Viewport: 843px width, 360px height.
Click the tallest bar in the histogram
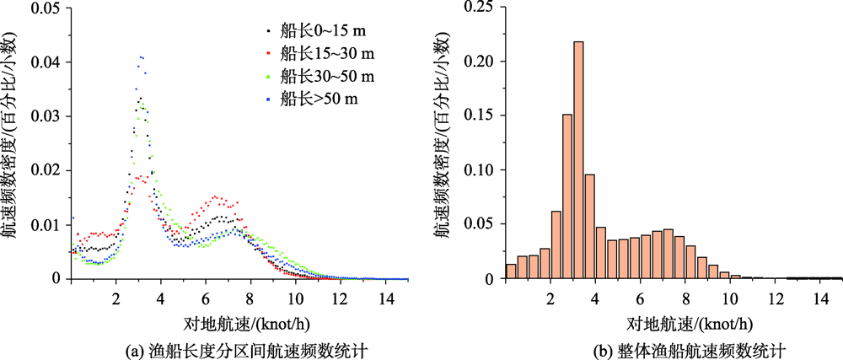tap(578, 160)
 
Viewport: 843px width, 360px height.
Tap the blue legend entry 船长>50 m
tap(318, 100)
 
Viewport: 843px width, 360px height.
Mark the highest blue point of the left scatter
tap(142, 56)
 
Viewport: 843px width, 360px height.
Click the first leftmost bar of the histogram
tap(511, 271)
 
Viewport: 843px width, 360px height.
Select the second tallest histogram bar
tap(567, 196)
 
